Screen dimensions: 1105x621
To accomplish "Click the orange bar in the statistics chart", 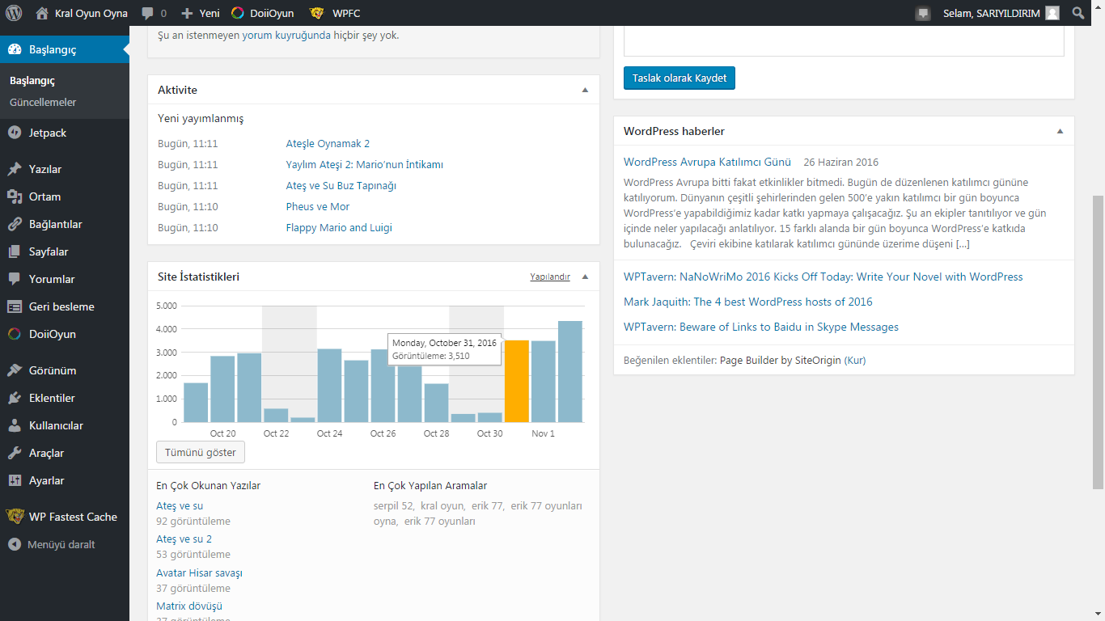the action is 516,381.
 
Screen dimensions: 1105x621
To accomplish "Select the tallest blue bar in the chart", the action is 569,371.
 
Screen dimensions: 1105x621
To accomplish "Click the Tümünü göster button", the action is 201,452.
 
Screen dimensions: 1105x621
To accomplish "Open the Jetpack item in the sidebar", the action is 48,133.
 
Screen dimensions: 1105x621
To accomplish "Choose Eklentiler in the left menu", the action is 52,398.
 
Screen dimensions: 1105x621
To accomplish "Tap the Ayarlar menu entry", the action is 46,480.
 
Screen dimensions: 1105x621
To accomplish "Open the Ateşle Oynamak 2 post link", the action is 328,144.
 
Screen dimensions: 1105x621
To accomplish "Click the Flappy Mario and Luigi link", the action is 339,227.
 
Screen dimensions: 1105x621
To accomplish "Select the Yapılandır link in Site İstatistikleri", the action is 550,277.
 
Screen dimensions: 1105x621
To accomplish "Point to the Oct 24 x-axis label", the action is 329,433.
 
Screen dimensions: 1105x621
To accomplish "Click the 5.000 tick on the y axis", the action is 167,306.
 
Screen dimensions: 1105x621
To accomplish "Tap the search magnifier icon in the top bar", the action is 1078,13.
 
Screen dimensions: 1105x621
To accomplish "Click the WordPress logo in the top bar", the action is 14,13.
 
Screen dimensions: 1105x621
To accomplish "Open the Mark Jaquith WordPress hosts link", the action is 747,302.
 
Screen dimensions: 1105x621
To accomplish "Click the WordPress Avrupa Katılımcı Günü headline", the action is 707,162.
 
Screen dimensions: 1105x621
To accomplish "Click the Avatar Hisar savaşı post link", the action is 199,572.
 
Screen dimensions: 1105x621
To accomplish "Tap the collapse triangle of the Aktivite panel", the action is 585,90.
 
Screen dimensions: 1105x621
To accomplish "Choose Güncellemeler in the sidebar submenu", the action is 43,102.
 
